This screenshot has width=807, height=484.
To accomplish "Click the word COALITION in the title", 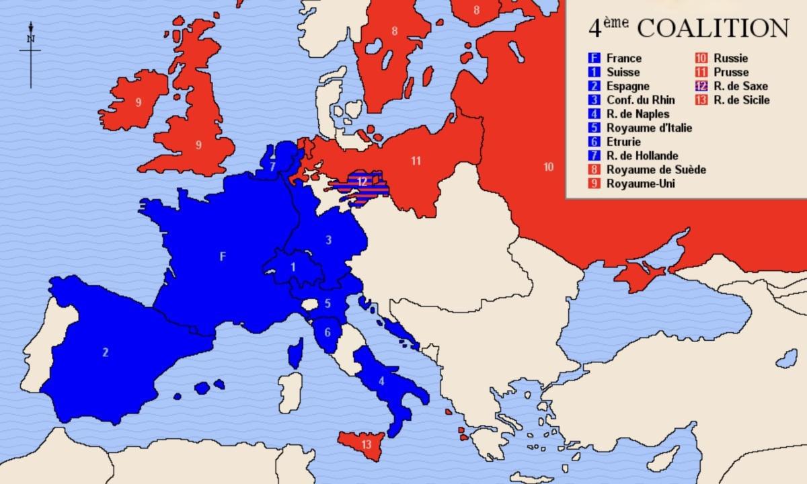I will [x=712, y=29].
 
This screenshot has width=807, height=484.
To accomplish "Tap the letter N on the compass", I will [x=30, y=38].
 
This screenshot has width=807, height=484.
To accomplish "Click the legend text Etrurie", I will [x=623, y=142].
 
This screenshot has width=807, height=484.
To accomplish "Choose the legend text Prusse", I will [x=731, y=72].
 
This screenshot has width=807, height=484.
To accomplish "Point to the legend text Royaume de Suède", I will [x=656, y=169].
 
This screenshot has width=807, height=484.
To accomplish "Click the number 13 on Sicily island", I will [x=366, y=444].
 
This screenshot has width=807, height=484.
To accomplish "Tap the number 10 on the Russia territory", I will [x=549, y=167].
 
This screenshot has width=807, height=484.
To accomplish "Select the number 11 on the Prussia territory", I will [x=416, y=160].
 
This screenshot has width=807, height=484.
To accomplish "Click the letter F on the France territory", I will [x=223, y=255].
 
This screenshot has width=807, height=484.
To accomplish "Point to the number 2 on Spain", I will [x=105, y=352].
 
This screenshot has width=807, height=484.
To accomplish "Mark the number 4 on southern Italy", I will [x=382, y=381].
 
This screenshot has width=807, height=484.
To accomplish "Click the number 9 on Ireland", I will [x=138, y=103].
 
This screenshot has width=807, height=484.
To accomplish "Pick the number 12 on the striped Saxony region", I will [x=363, y=181].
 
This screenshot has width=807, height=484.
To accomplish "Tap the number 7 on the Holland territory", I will [x=272, y=166].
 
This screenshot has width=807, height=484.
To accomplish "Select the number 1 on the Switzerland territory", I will [x=293, y=267].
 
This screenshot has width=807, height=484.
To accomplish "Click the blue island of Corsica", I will [x=294, y=354].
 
